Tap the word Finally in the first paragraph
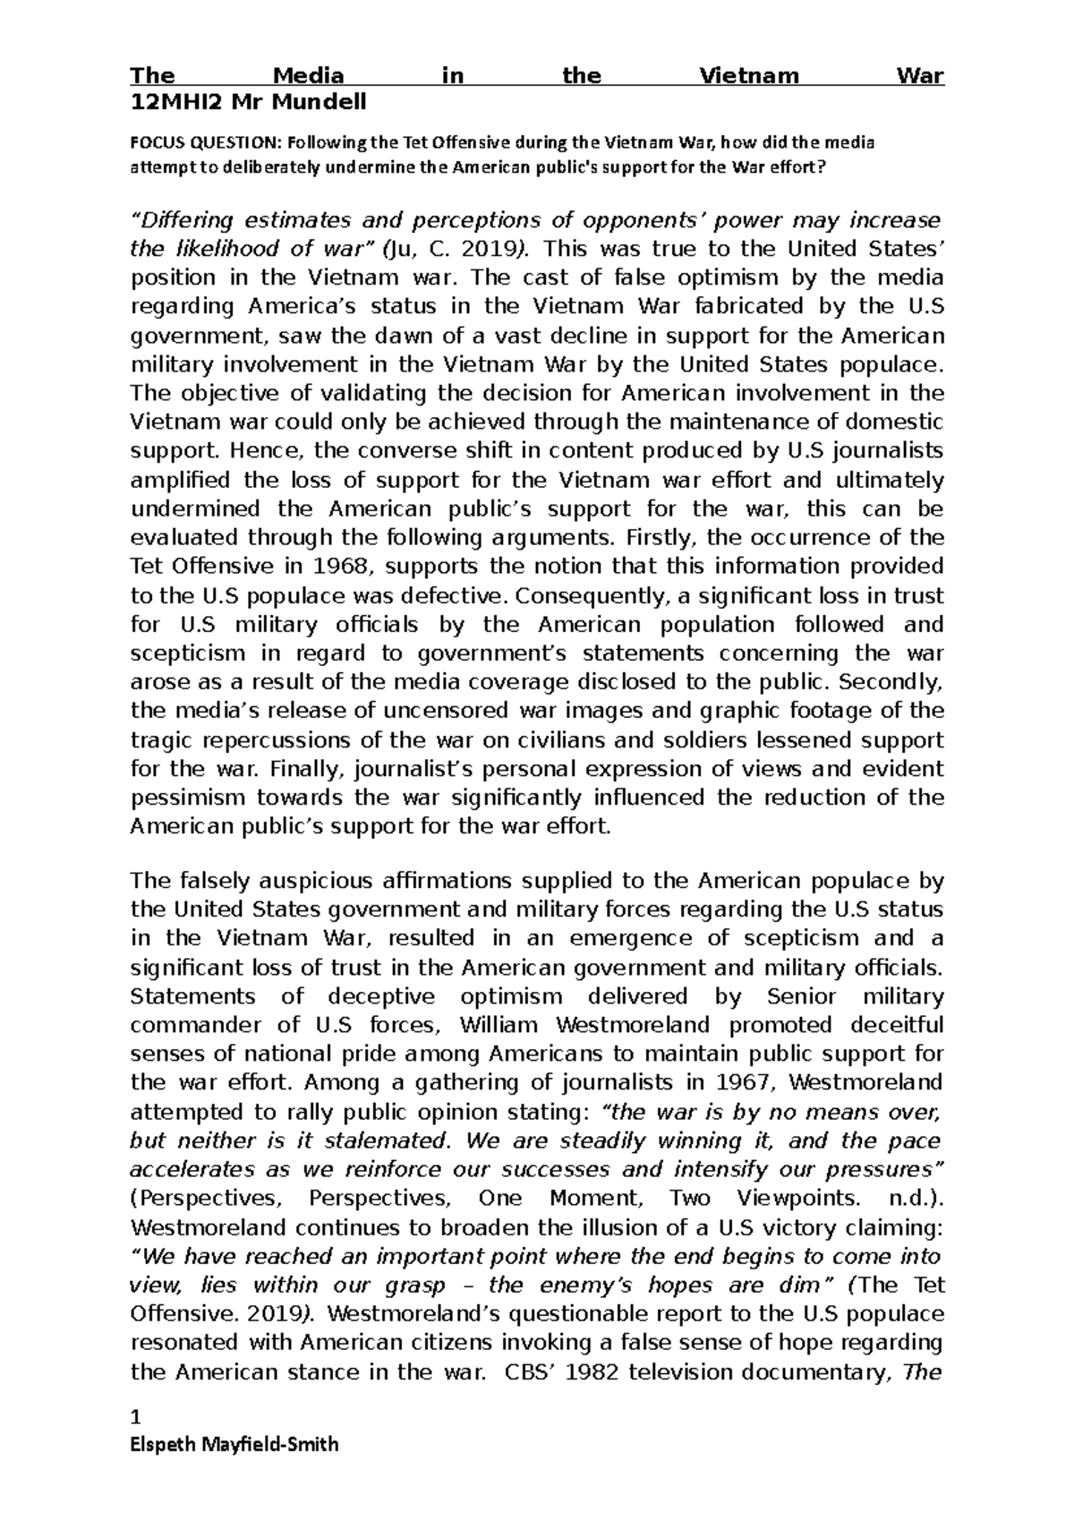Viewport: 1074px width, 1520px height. point(307,769)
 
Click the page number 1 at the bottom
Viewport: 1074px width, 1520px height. point(136,1418)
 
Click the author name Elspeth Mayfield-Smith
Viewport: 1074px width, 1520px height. point(234,1444)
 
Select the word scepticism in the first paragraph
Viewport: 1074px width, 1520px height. point(186,653)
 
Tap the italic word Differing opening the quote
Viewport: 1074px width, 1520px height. point(182,220)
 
